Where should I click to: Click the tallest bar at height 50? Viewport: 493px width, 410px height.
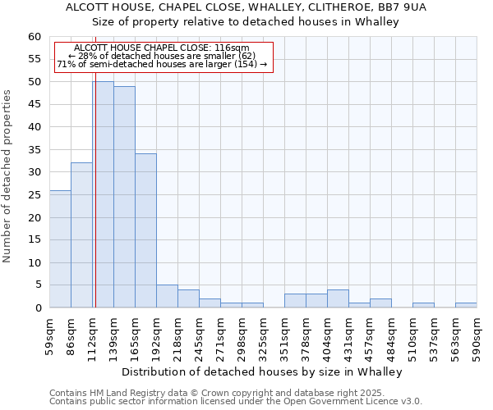point(103,194)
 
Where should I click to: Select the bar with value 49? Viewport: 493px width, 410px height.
point(124,197)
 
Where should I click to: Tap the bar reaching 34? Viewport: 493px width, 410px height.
point(145,230)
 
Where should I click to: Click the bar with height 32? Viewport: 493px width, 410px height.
point(81,235)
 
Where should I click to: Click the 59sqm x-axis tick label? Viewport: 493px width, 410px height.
point(50,334)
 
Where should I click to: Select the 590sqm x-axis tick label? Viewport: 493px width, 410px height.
point(477,334)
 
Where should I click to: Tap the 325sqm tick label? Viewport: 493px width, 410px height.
point(264,334)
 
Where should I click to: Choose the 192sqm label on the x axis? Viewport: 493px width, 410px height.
point(157,334)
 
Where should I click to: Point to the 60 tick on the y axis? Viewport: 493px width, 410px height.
point(35,37)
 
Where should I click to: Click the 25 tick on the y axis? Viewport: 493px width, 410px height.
point(35,195)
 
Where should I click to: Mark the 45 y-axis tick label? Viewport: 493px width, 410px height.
point(35,105)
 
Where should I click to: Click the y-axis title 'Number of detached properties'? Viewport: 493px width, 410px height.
point(8,176)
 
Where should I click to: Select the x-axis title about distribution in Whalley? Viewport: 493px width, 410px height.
point(267,371)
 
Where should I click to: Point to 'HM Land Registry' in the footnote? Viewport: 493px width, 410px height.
point(122,393)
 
